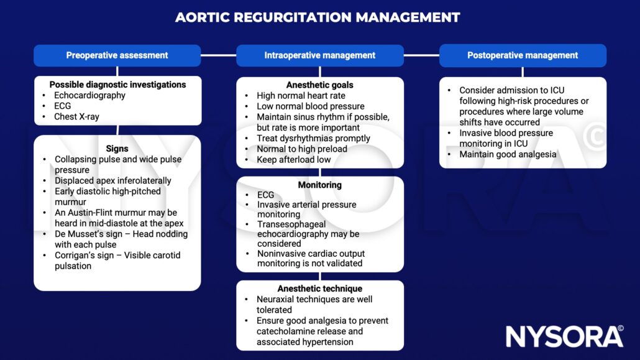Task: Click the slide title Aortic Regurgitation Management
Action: [318, 17]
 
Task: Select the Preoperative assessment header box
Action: [117, 55]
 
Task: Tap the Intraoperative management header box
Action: [319, 55]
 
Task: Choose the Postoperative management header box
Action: [523, 55]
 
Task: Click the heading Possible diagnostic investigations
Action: [117, 85]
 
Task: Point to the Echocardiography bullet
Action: [89, 96]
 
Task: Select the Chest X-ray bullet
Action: [76, 117]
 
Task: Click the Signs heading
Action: [117, 149]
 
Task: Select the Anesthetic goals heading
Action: [319, 85]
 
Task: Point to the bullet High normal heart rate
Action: [301, 96]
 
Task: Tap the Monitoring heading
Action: [319, 185]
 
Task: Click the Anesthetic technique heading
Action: [319, 288]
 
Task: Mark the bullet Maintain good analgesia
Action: [508, 154]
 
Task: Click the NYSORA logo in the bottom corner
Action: [564, 336]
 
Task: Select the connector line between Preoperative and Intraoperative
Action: [218, 55]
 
